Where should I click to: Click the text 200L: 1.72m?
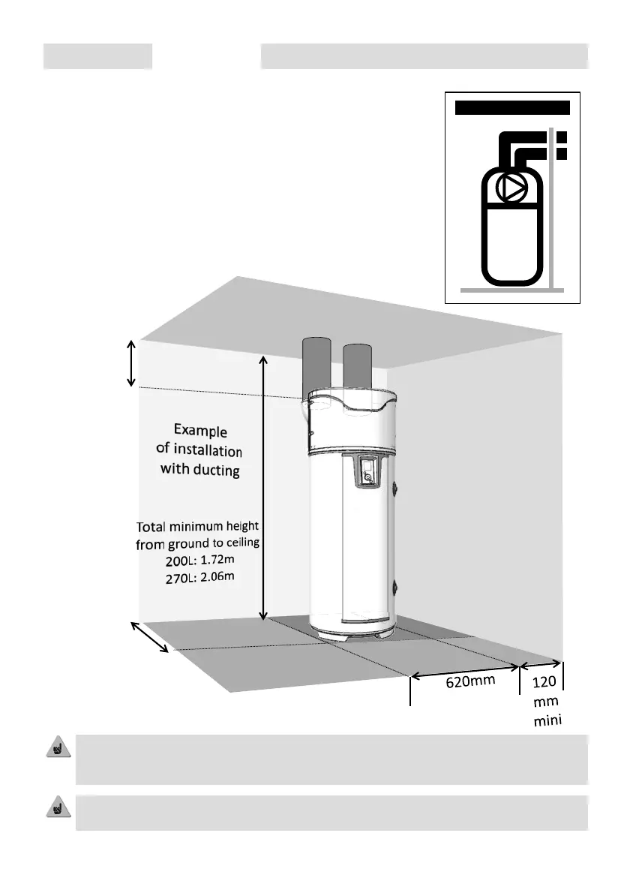click(198, 561)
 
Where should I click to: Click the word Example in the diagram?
click(200, 431)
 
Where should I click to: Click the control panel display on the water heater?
click(368, 472)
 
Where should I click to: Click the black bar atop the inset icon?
click(513, 107)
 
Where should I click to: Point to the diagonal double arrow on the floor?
click(151, 637)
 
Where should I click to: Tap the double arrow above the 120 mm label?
click(540, 663)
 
